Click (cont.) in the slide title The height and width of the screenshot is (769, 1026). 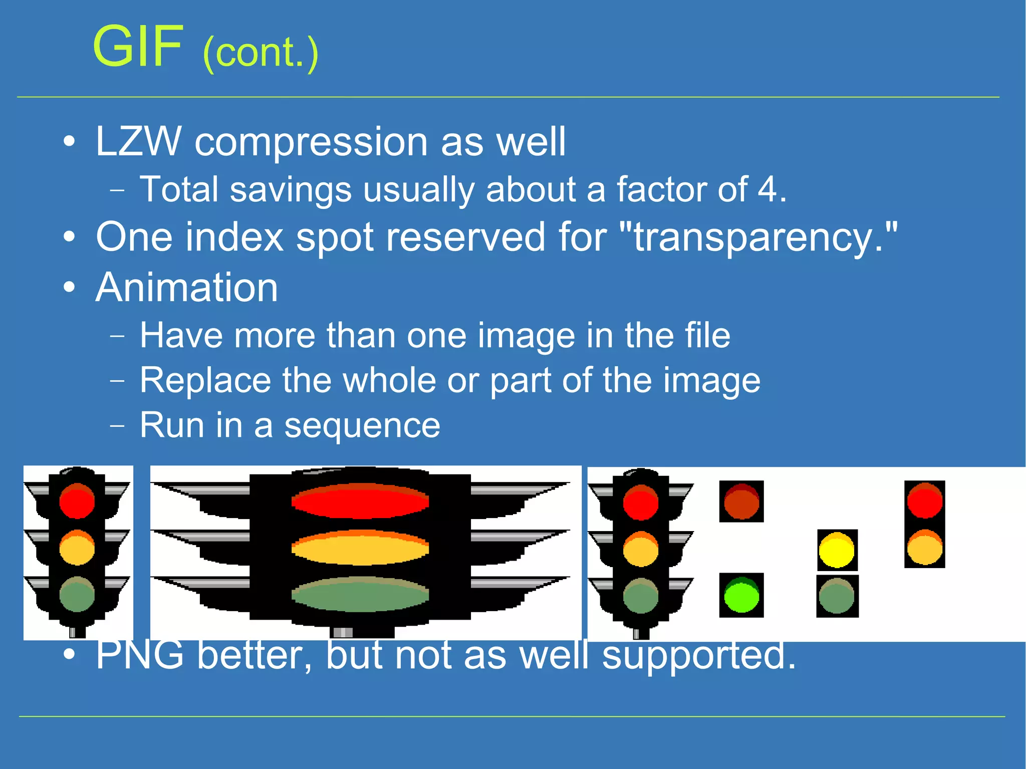(x=261, y=53)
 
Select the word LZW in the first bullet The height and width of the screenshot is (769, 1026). (x=138, y=142)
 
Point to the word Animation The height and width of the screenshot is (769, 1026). (x=187, y=288)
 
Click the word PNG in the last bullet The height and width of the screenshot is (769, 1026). (x=140, y=655)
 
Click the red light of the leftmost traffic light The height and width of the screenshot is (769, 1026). (x=77, y=501)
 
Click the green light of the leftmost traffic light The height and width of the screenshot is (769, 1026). (x=77, y=595)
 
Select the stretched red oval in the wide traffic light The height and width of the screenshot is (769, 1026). (x=360, y=501)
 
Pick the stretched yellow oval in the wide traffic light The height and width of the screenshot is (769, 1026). (x=360, y=548)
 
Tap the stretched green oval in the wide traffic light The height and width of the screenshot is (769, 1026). (x=360, y=595)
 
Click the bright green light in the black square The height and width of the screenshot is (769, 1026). (x=741, y=595)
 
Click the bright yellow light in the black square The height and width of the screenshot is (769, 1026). (x=837, y=550)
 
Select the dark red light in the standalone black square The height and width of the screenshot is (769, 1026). (x=741, y=501)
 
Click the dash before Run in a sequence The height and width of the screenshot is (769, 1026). (x=117, y=426)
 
